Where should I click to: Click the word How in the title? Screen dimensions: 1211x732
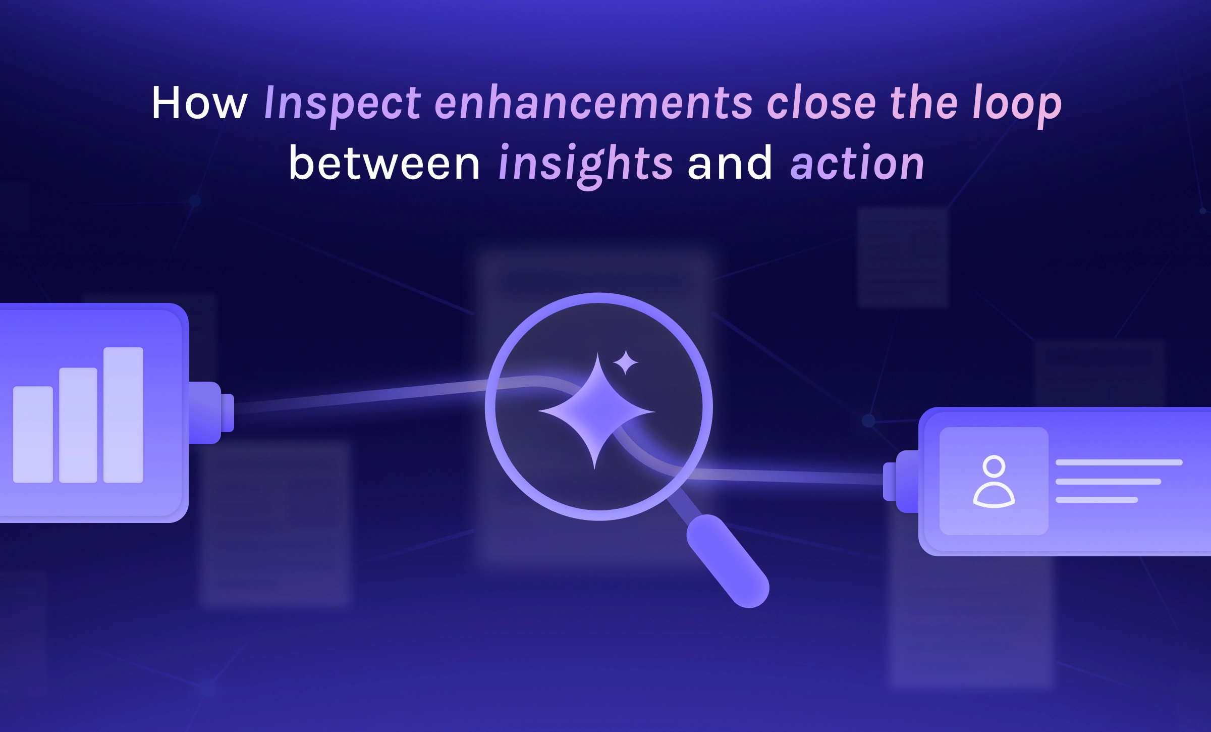(199, 103)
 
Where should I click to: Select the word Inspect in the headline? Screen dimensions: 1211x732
(342, 106)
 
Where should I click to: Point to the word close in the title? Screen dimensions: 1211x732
(821, 103)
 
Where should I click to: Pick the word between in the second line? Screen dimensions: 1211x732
(384, 163)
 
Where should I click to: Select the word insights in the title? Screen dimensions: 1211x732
(585, 166)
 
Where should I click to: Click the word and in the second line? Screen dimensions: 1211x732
(730, 163)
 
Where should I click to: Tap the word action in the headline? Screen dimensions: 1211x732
(857, 163)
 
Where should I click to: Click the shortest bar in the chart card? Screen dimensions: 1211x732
(33, 434)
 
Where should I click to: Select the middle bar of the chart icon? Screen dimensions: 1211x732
(78, 425)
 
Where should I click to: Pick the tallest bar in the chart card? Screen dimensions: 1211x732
(124, 415)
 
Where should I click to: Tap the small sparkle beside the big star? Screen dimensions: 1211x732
(626, 362)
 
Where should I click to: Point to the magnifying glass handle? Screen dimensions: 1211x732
(728, 561)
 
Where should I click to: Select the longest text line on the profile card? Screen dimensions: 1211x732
(1119, 462)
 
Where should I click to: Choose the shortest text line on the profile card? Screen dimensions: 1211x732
(1097, 500)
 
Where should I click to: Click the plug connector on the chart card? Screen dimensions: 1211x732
(211, 413)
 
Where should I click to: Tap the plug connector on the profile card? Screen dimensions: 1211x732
(901, 482)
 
